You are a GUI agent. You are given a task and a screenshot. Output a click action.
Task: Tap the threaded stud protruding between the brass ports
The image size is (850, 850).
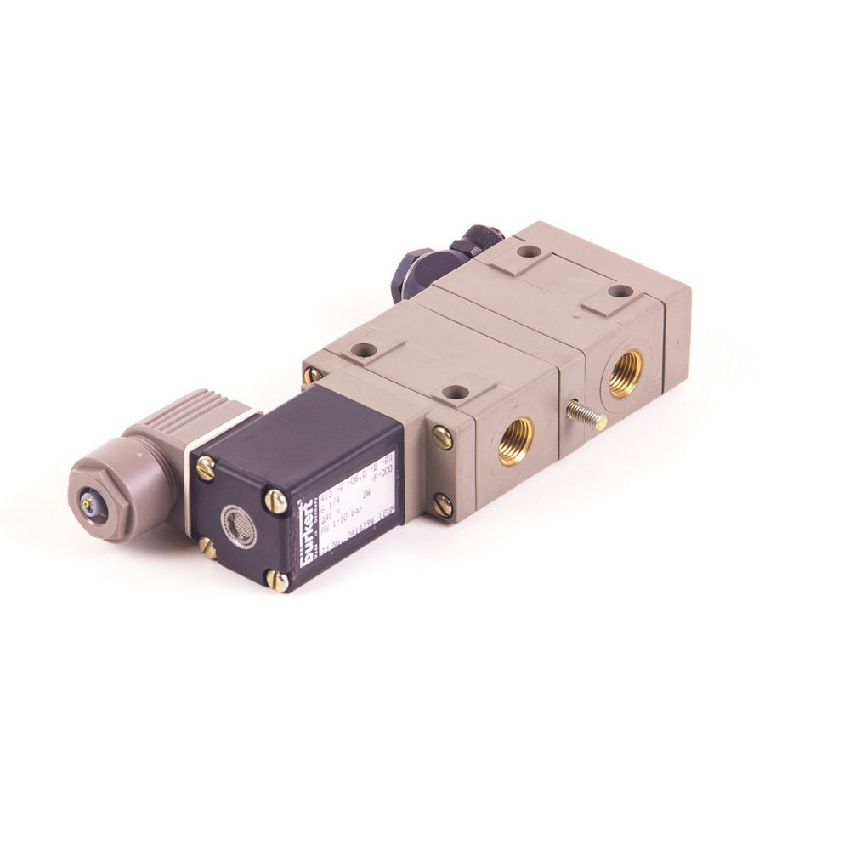[585, 416]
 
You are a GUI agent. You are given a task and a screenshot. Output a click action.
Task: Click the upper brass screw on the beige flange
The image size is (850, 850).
[442, 437]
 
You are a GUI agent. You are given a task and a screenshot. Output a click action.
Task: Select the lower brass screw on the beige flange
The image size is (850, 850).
[442, 504]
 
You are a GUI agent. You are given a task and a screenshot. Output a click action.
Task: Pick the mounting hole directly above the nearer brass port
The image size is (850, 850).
[457, 393]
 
